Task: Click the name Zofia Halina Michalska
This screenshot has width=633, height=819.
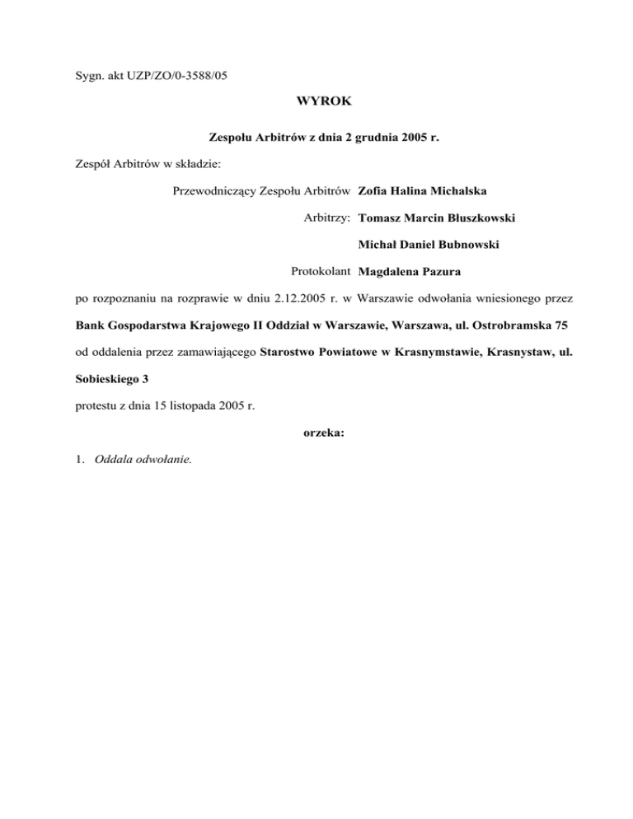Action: point(423,192)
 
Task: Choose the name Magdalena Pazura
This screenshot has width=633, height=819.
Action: point(410,271)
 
